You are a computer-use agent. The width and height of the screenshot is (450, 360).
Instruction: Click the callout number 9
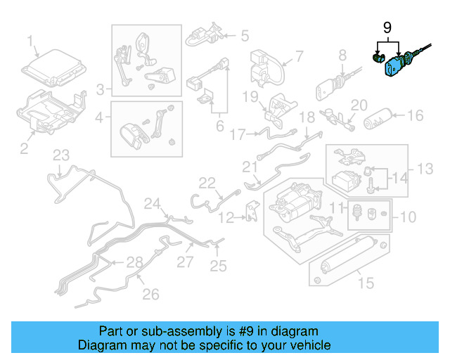pos(386,28)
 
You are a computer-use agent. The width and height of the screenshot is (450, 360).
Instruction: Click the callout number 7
pos(299,56)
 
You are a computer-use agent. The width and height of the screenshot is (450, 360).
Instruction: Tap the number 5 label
pos(245,34)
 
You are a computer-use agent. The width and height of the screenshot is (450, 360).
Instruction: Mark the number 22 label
pos(206,183)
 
